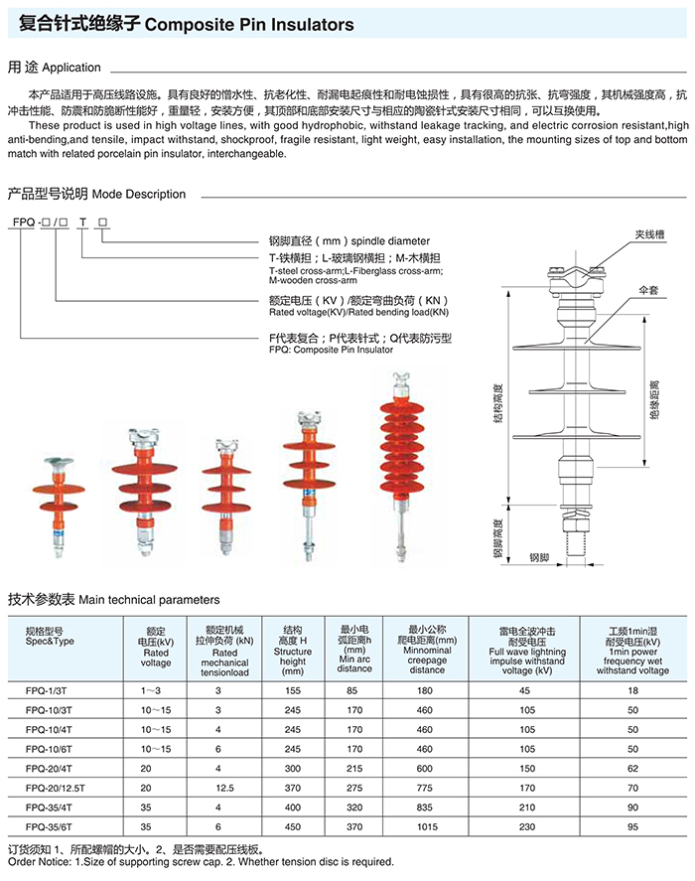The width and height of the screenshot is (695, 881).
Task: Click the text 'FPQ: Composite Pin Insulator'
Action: (331, 350)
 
